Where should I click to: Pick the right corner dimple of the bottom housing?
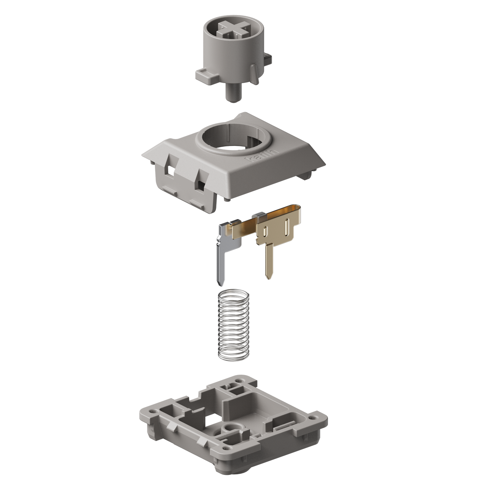coord(313,417)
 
